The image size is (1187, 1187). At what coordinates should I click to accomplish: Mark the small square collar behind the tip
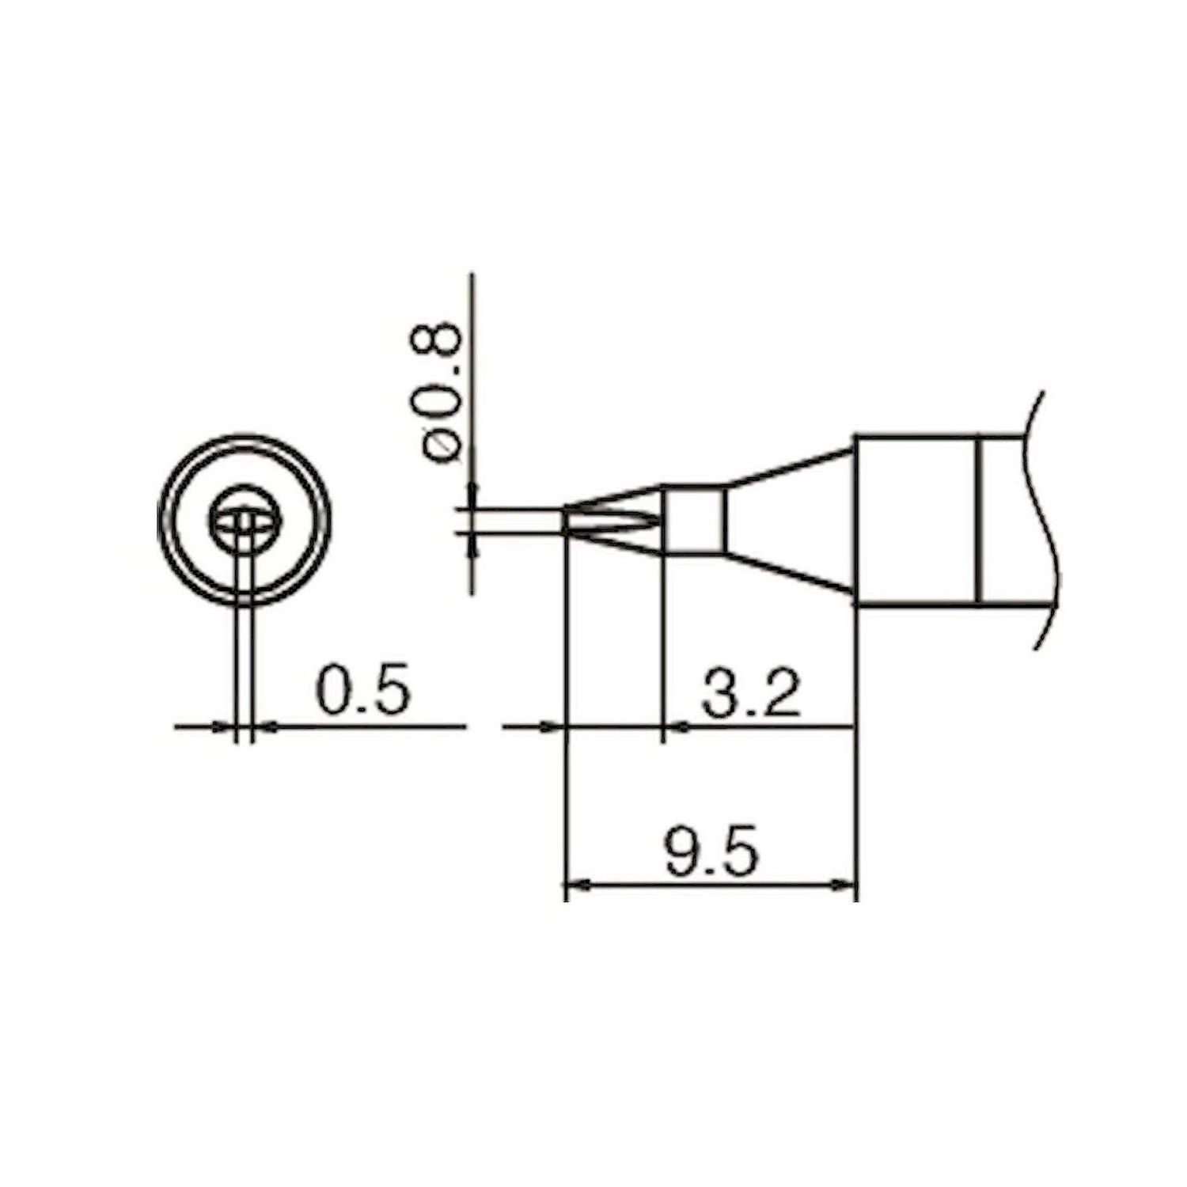tap(692, 520)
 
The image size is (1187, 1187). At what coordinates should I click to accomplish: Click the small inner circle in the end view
tap(245, 520)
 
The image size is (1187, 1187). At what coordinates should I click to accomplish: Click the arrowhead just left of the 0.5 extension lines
tap(224, 725)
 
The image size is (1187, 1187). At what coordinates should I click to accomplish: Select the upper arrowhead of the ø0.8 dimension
tap(472, 495)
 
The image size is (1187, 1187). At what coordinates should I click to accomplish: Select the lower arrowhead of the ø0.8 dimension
tap(472, 546)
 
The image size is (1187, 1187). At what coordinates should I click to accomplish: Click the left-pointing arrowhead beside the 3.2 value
tap(674, 725)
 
